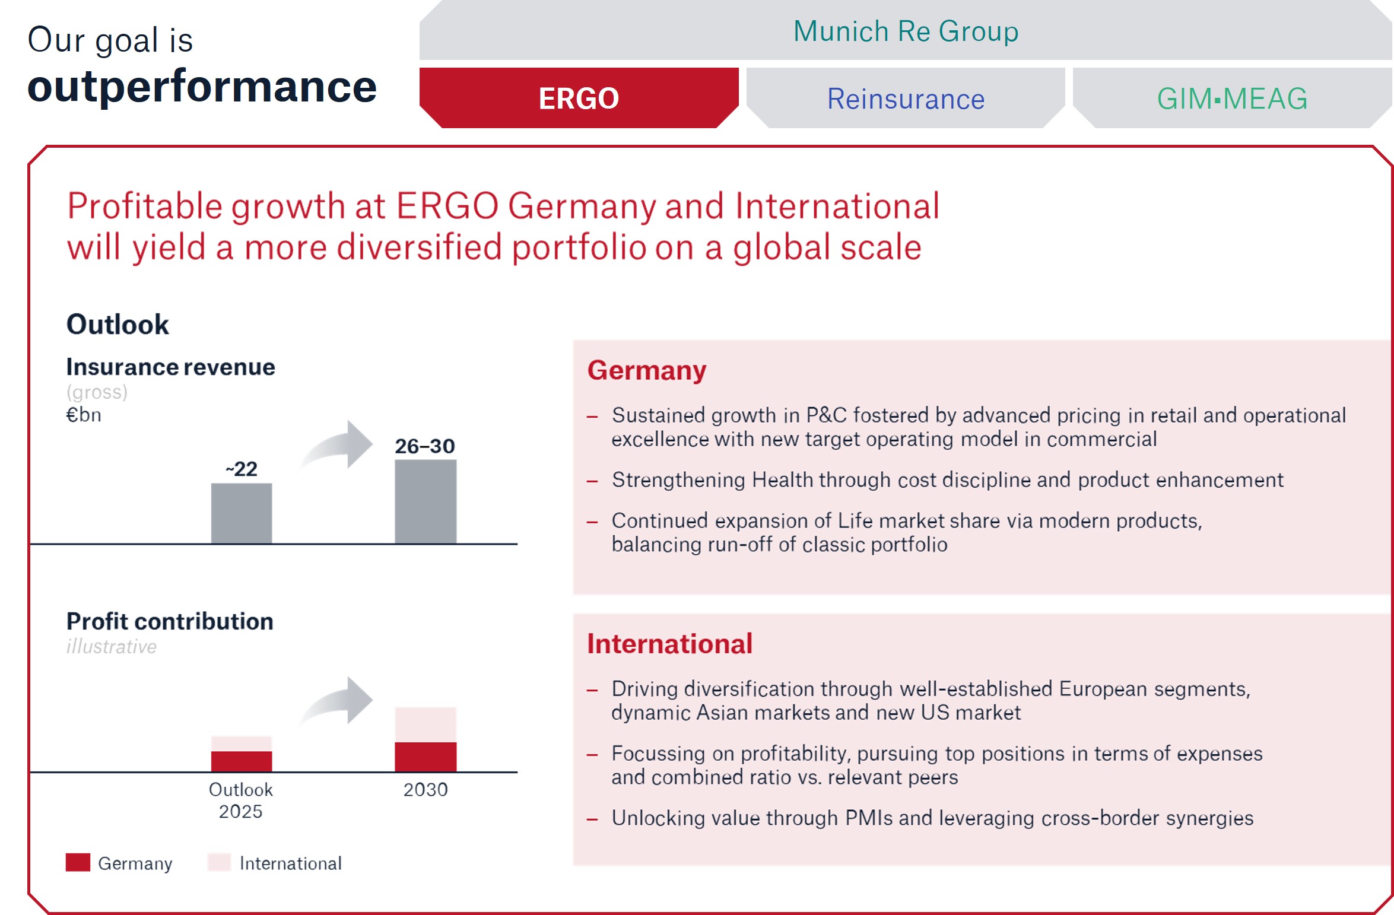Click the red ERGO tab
pos(579,98)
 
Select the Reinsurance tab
pos(906,99)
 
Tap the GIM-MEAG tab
pos(1232,99)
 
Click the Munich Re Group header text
pos(906,31)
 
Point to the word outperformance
pos(202,87)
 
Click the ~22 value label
pos(242,469)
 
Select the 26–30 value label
pos(425,446)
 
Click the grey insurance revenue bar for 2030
pos(425,501)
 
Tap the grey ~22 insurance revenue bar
pos(242,513)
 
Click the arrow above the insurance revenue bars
pos(338,445)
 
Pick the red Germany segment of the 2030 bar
pos(425,757)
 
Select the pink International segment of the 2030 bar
pos(425,725)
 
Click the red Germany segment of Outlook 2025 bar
pos(242,761)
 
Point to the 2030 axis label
pos(425,790)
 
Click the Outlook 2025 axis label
pos(241,800)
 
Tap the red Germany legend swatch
pos(78,862)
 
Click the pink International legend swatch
pos(219,862)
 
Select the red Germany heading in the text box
pos(647,370)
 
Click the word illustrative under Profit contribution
pos(112,646)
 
